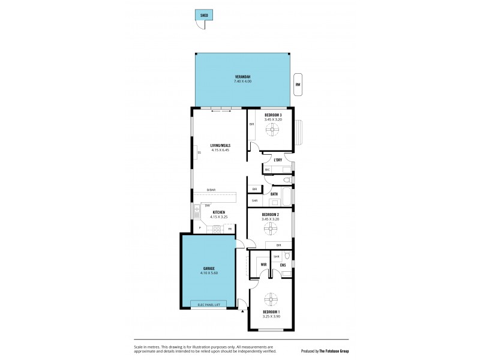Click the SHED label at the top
[203, 16]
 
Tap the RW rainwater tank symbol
[297, 85]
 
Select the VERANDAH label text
[242, 76]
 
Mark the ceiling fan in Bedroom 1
[271, 300]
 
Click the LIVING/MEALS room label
[220, 145]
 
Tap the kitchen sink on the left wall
[197, 211]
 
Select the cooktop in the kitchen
[216, 229]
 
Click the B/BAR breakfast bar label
[211, 190]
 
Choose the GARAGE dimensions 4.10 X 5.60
[208, 272]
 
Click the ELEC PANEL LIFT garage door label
[208, 305]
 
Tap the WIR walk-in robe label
[263, 264]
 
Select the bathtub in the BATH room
[286, 197]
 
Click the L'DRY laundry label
[278, 160]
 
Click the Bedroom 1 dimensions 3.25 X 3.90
[271, 316]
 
